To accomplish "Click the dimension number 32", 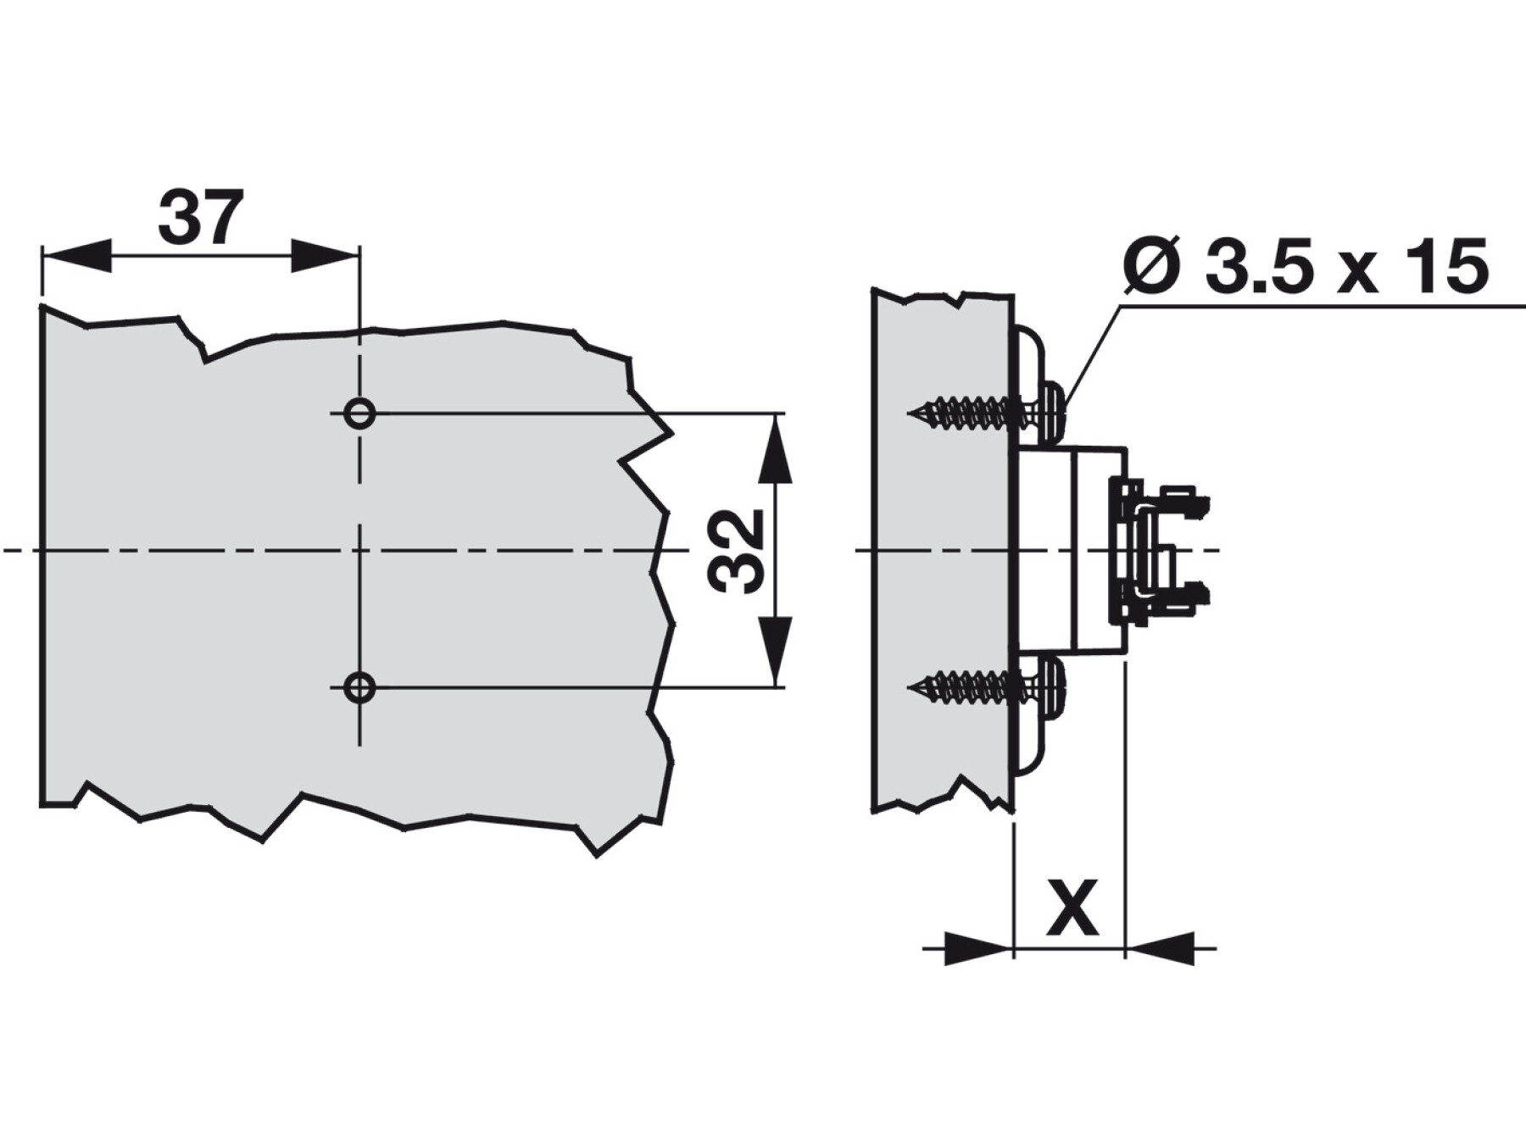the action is point(736,551).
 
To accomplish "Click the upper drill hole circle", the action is point(360,414).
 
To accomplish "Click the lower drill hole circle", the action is point(360,686).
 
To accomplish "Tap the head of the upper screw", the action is point(1054,413).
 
